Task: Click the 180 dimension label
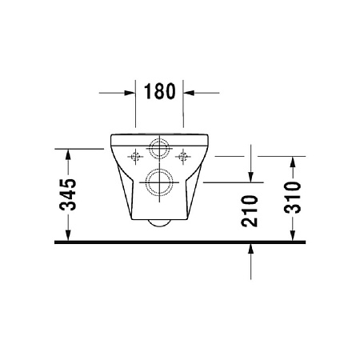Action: (x=160, y=91)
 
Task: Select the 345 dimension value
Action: (x=68, y=194)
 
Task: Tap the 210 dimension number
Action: (x=250, y=210)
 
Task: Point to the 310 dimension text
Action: (x=293, y=198)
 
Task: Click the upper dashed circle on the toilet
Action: (x=159, y=140)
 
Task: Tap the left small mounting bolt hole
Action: (x=136, y=156)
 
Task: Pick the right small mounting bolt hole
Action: (x=183, y=156)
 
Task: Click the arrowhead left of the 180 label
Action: (x=130, y=93)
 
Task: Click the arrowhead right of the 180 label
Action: (x=189, y=93)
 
